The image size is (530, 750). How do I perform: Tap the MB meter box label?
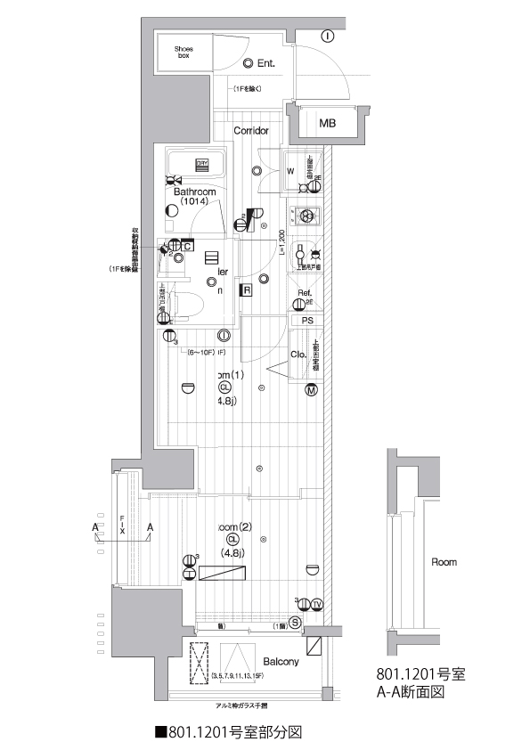click(328, 123)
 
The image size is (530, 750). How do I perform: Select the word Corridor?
click(251, 131)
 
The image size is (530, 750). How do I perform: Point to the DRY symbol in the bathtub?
click(202, 164)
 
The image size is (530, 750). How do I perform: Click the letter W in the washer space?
click(290, 172)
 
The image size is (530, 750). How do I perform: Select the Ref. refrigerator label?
click(304, 293)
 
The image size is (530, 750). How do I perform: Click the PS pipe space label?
click(307, 321)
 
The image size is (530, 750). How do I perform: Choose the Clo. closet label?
click(299, 355)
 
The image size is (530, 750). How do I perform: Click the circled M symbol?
click(312, 390)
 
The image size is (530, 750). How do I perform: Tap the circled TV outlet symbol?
click(317, 602)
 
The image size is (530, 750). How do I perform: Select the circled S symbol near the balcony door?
click(295, 623)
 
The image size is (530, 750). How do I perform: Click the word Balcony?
click(281, 662)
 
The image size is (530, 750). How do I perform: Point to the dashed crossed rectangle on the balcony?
click(199, 664)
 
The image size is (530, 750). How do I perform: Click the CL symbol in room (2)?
click(232, 540)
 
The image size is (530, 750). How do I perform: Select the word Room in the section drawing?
click(444, 562)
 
